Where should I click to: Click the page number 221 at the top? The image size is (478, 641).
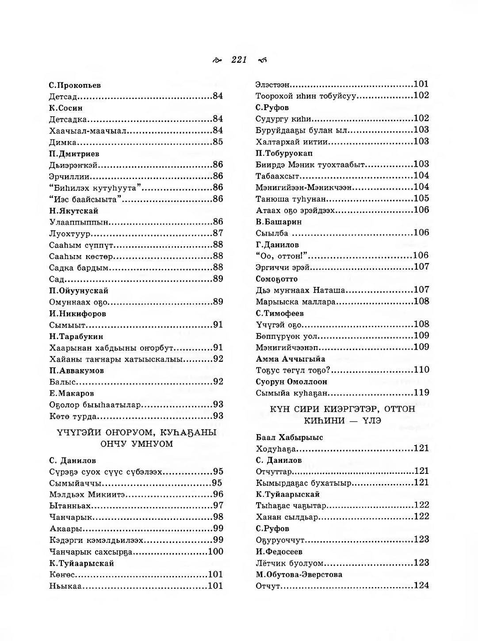coord(239,60)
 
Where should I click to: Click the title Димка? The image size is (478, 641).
coord(63,142)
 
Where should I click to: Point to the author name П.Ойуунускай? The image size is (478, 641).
coord(79,291)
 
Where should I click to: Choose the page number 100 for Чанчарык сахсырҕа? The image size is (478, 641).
coord(215,552)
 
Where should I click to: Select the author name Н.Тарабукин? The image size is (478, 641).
coord(76,336)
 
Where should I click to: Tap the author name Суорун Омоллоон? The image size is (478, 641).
coord(291,382)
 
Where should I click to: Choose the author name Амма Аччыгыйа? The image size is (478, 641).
coord(291,359)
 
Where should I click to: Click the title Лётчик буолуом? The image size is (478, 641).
coord(290,563)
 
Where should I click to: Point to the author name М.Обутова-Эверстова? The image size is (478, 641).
coord(299,575)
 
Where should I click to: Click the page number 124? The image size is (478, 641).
coord(421,586)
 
